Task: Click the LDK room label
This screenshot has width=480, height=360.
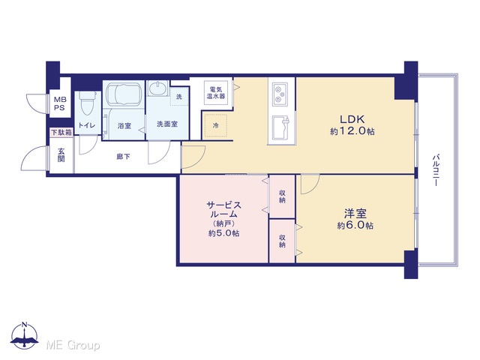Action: coord(352,118)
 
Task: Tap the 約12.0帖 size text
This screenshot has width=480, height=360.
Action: coord(352,131)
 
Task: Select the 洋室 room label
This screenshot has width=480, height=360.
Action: coord(355,213)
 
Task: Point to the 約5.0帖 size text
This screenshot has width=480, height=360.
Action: coord(223,233)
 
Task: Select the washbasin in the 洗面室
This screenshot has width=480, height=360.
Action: coord(157,89)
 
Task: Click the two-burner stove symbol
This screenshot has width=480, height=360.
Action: coord(279,94)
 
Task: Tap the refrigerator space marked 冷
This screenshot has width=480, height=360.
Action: coord(215,125)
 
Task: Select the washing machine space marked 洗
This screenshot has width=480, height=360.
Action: coord(179,97)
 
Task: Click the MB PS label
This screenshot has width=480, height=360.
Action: coord(60,103)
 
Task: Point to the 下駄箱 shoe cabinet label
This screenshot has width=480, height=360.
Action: coord(61,133)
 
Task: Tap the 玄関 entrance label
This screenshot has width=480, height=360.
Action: coord(61,155)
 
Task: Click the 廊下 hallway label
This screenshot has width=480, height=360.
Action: coord(123,157)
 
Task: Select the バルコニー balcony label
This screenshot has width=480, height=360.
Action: coord(436,170)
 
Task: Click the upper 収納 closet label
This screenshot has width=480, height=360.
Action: coord(282,196)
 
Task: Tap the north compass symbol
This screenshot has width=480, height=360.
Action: coord(25,336)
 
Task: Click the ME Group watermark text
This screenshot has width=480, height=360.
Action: coord(73,345)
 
